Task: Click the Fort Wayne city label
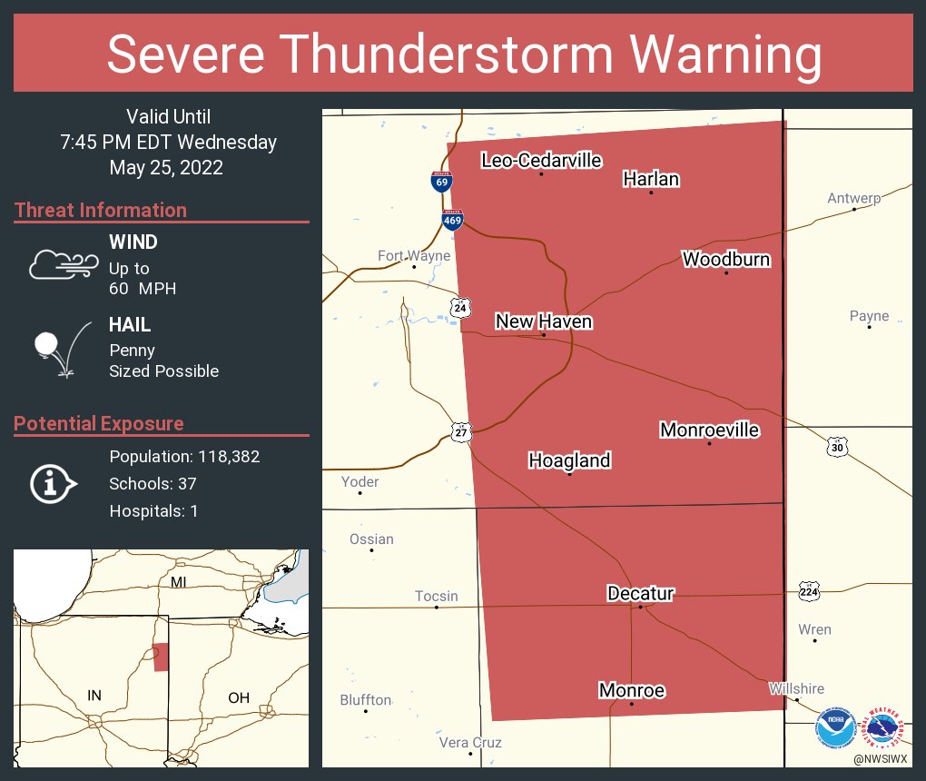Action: (414, 256)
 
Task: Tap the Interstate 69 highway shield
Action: (440, 181)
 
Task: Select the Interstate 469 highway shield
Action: (452, 219)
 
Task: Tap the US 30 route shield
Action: (838, 447)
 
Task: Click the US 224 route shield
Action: (809, 591)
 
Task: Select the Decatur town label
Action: (640, 594)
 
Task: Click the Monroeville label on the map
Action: (709, 430)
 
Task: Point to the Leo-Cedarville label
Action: (541, 161)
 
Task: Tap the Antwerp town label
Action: (853, 198)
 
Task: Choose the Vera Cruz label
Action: (470, 742)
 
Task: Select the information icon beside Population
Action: (54, 484)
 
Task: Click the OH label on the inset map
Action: (239, 697)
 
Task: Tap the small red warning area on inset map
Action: (161, 657)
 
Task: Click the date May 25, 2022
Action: (166, 168)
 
